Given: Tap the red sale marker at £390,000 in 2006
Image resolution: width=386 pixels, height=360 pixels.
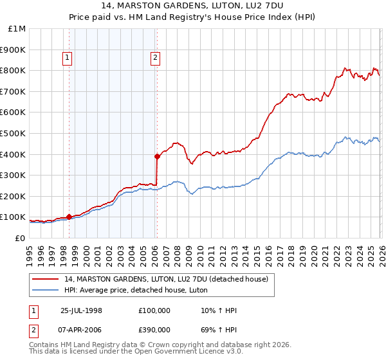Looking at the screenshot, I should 156,156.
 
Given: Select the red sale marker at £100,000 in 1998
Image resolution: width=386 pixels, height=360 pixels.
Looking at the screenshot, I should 69,217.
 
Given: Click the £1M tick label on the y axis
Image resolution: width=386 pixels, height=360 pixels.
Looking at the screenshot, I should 17,29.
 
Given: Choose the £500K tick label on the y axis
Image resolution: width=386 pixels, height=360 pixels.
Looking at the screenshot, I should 14,134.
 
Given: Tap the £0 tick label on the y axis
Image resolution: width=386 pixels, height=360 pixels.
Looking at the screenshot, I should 20,238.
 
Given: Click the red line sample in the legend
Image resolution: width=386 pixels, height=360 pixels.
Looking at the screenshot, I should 46,279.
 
